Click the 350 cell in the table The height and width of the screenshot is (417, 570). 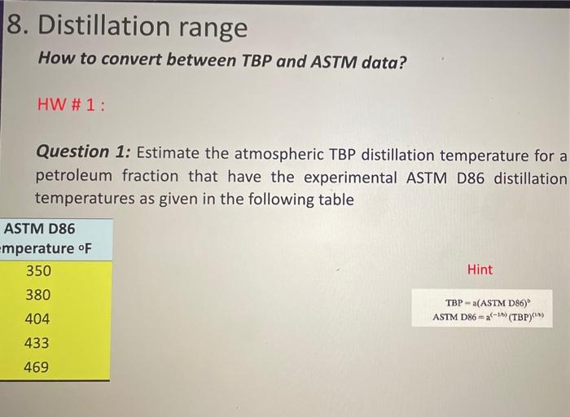[37, 271]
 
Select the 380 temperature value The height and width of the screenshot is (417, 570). [37, 295]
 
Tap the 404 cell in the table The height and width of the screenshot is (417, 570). [37, 319]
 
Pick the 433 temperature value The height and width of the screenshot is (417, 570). [37, 343]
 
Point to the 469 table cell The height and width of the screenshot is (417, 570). [37, 367]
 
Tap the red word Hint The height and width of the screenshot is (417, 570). [480, 270]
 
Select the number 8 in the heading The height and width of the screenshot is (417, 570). [15, 27]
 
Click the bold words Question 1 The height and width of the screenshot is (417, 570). [84, 152]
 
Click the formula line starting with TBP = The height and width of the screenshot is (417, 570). [492, 302]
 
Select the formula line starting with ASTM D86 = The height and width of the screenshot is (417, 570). [492, 316]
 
